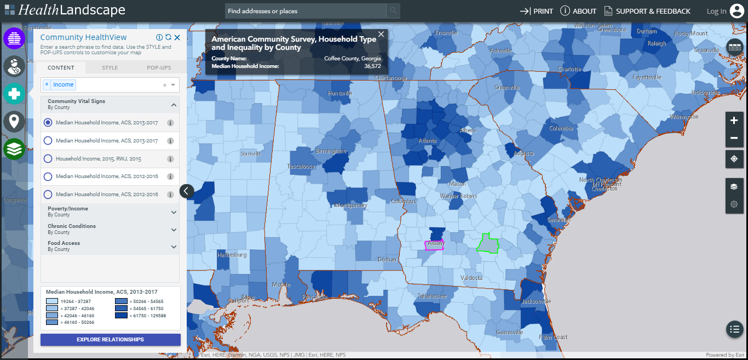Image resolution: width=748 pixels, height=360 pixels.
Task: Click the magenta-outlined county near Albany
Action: coord(434,245)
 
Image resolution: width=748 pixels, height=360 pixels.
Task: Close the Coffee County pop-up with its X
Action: coord(381,34)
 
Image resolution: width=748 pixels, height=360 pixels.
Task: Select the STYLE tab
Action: coord(110,68)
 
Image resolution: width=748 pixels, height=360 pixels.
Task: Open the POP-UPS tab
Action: coord(159,68)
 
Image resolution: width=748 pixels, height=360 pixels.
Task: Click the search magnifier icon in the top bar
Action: coord(393,11)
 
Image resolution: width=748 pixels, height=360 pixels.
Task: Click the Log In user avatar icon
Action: coord(737,11)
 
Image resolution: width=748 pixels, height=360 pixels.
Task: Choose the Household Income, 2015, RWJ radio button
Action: coord(48,159)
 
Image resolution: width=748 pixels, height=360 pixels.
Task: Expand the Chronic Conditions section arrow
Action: coord(174,230)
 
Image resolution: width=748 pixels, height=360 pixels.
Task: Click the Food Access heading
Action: coord(64,243)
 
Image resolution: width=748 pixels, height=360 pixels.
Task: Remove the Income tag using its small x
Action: coord(47,84)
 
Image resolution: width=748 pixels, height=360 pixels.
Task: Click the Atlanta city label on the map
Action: coord(428,141)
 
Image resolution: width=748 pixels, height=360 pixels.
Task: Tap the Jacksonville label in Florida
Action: coord(536,301)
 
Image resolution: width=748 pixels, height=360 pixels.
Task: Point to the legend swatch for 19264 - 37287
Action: coord(52,301)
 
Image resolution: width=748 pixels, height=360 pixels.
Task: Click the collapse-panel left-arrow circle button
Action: coord(187,191)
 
